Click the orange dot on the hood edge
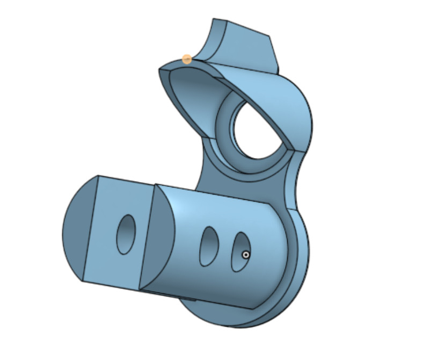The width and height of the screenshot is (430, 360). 187,59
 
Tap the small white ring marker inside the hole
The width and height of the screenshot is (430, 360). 245,255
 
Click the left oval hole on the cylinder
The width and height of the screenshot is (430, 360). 209,246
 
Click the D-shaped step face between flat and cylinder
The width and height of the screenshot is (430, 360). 161,236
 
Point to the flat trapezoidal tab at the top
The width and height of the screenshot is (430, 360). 250,46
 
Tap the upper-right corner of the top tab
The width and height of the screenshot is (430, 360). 268,37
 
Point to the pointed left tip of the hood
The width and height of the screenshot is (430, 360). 160,70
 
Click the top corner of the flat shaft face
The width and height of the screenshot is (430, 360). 98,176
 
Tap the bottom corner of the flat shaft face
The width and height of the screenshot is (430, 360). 82,280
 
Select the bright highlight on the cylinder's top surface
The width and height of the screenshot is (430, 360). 215,207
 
